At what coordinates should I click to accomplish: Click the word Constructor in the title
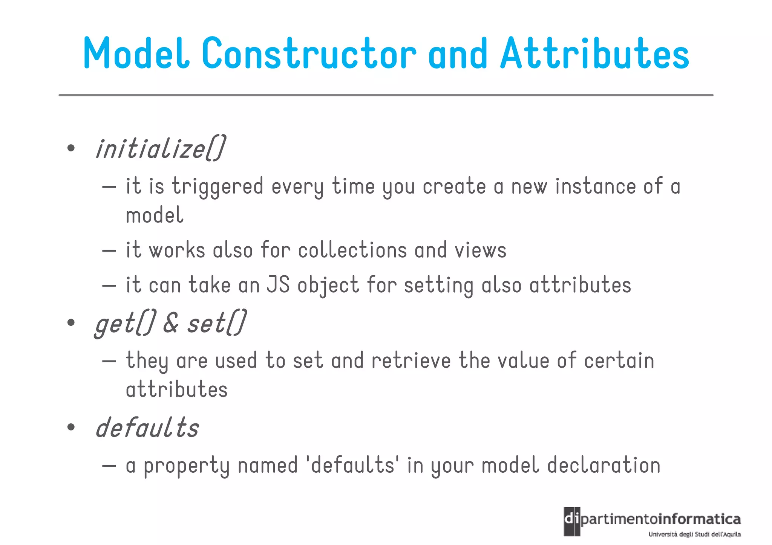pyautogui.click(x=309, y=53)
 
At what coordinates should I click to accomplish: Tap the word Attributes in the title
pyautogui.click(x=594, y=53)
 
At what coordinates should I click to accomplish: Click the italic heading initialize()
pyautogui.click(x=161, y=148)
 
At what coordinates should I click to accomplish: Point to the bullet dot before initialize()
pyautogui.click(x=70, y=148)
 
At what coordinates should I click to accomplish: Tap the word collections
pyautogui.click(x=352, y=250)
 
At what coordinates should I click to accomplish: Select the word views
pyautogui.click(x=480, y=251)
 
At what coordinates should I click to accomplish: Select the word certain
pyautogui.click(x=619, y=360)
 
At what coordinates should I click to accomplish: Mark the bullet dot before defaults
pyautogui.click(x=70, y=427)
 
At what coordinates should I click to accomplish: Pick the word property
pyautogui.click(x=187, y=466)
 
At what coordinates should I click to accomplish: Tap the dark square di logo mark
pyautogui.click(x=572, y=521)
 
